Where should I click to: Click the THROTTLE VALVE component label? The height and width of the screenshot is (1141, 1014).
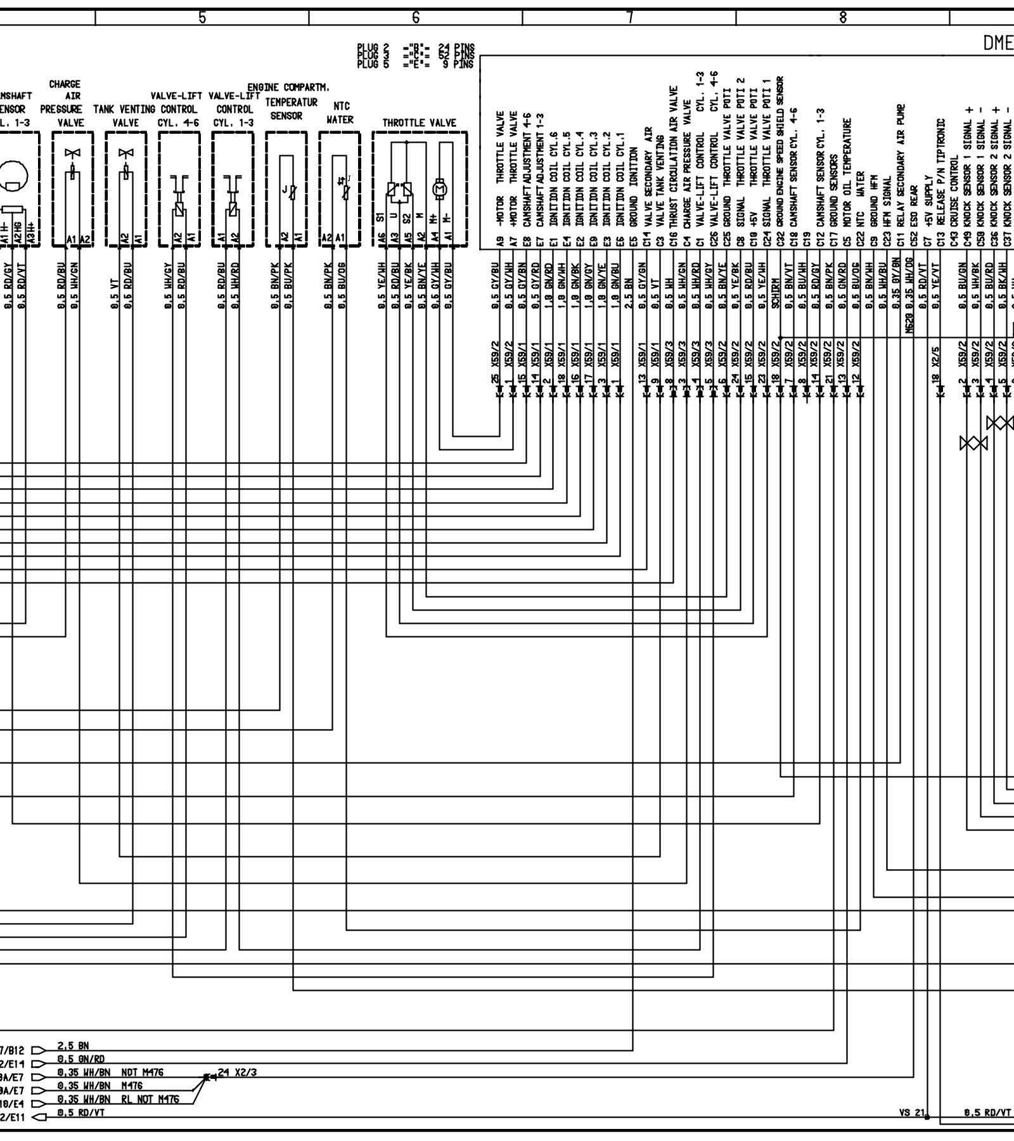pyautogui.click(x=419, y=122)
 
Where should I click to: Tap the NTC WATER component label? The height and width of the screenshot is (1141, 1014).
pyautogui.click(x=339, y=113)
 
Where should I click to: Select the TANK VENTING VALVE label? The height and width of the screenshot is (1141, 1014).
pyautogui.click(x=125, y=115)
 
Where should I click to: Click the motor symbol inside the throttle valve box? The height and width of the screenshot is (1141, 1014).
pyautogui.click(x=439, y=188)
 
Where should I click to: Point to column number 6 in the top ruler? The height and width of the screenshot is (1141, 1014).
pyautogui.click(x=416, y=18)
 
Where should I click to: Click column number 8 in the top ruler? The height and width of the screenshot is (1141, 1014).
pyautogui.click(x=843, y=18)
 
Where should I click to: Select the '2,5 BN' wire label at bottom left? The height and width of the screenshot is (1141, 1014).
pyautogui.click(x=73, y=1046)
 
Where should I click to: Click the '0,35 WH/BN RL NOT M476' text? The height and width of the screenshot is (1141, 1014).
pyautogui.click(x=118, y=1099)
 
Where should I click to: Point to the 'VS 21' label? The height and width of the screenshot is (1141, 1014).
pyautogui.click(x=912, y=1112)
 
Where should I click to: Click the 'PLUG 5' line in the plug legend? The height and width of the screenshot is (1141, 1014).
pyautogui.click(x=415, y=64)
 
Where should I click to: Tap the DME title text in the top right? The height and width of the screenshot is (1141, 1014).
pyautogui.click(x=998, y=43)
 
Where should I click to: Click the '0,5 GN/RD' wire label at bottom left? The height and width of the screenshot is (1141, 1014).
pyautogui.click(x=80, y=1059)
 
